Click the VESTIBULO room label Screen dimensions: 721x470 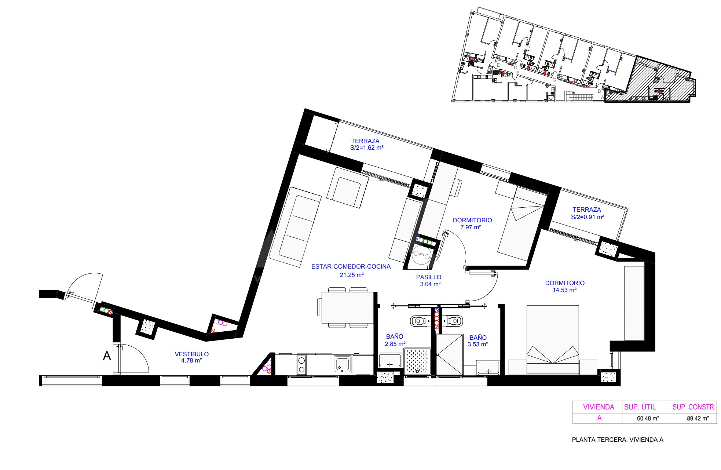point(191,354)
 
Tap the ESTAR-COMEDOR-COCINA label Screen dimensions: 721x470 point(351,267)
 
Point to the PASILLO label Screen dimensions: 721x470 point(429,277)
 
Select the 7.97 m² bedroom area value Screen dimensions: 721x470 point(471,227)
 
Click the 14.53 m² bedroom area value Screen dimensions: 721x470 point(565,290)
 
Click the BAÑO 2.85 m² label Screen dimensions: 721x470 point(395,340)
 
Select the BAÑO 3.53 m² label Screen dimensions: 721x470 point(478,341)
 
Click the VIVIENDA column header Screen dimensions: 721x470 point(599,407)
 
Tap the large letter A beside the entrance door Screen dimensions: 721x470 point(107,356)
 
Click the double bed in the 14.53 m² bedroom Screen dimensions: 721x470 point(553,340)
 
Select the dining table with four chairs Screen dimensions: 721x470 point(345,307)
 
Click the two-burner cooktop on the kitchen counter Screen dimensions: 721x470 point(302,365)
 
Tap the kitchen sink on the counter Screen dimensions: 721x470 point(343,364)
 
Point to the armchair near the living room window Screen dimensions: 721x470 point(347,187)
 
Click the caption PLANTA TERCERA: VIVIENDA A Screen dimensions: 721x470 point(618,440)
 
